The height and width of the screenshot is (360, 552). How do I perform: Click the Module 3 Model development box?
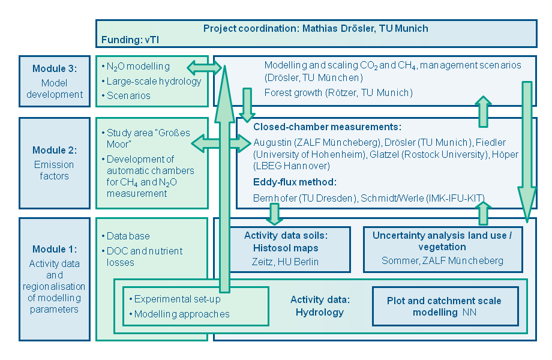tap(54, 81)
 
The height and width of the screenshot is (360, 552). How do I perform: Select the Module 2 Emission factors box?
tap(54, 162)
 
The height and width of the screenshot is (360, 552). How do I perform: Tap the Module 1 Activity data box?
tap(54, 279)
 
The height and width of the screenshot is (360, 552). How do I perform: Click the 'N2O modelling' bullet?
tap(137, 67)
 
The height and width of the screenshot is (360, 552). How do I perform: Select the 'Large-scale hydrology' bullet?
tap(145, 81)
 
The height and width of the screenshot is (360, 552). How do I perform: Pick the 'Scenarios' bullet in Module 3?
tap(128, 95)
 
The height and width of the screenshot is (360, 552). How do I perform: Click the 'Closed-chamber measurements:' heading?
tap(327, 127)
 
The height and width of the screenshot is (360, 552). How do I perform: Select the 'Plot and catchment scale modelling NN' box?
tap(444, 307)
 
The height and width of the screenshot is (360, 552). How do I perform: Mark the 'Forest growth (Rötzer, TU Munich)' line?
tap(338, 92)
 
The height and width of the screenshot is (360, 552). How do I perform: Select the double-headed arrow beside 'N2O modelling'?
tap(203, 67)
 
